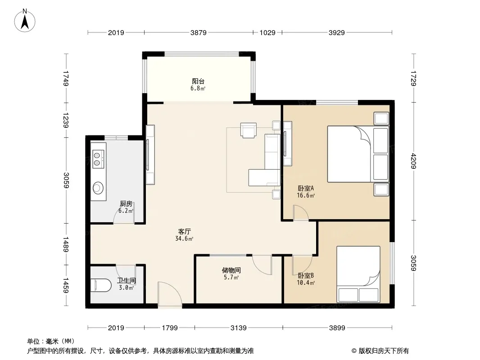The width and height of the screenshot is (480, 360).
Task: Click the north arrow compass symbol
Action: click(25, 21)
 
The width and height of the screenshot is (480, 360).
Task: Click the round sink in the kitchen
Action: click(98, 188)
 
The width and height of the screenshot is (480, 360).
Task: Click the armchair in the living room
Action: click(248, 130)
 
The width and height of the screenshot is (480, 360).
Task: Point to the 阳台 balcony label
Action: click(198, 81)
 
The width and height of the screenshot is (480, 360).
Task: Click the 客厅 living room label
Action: click(184, 231)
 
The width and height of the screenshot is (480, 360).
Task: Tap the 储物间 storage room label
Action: click(231, 270)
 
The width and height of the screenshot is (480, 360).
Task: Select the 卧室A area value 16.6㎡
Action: click(306, 195)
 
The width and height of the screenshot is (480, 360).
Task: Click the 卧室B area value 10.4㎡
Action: click(306, 283)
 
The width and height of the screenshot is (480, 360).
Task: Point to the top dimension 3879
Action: click(199, 32)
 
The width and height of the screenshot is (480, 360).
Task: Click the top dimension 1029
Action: click(267, 32)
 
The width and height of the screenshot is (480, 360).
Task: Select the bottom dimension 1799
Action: click(170, 328)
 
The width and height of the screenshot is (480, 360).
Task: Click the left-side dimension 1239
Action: click(66, 120)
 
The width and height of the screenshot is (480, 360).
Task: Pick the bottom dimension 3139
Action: click(239, 328)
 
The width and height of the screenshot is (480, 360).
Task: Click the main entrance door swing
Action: click(170, 294)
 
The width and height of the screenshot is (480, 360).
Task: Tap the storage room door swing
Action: click(262, 265)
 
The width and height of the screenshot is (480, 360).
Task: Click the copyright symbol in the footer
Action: click(354, 351)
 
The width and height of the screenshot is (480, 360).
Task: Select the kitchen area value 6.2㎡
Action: click(126, 211)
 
